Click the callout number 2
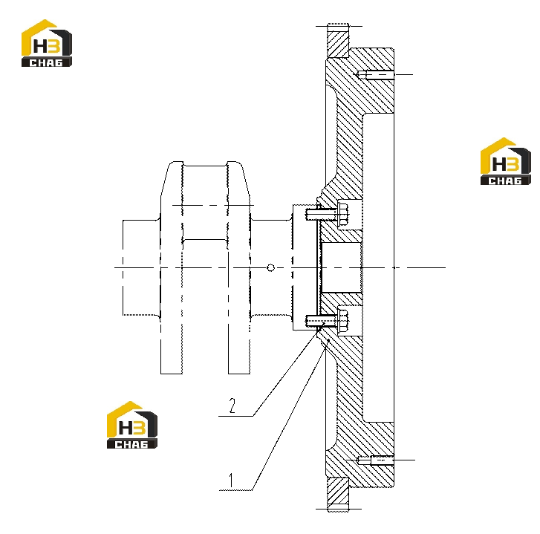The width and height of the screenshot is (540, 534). pos(232,406)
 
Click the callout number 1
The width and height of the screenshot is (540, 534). pos(231,480)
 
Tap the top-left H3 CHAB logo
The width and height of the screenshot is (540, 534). pos(47,43)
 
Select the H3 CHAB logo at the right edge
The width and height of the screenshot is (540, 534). pos(506,161)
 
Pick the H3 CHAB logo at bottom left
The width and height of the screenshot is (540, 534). pos(132,425)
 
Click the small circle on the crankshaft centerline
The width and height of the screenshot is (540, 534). pos(270,267)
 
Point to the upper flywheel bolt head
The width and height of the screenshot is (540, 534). pos(343,214)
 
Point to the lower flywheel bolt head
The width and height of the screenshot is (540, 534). pos(343,321)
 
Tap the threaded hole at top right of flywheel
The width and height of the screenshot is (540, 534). pos(375,74)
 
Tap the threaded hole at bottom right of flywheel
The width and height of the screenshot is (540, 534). pos(375,460)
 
